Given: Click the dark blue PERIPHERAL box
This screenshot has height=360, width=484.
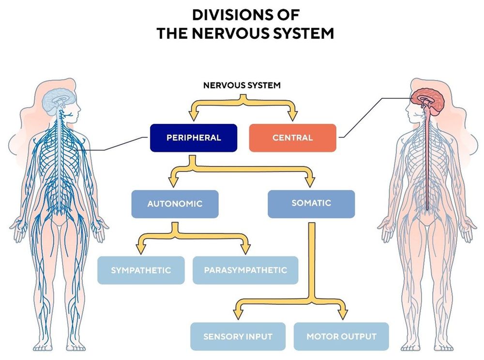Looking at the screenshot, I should point(194,138).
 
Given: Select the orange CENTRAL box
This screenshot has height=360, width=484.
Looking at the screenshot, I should point(292,138).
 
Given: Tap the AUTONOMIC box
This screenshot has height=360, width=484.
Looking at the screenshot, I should point(175,204).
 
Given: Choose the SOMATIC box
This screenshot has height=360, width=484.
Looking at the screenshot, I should point(311,203).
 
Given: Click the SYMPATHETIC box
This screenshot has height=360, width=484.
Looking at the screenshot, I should point(141,270).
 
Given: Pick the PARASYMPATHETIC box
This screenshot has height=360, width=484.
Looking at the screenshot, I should point(245,270).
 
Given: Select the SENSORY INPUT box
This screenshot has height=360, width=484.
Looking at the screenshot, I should point(238,336).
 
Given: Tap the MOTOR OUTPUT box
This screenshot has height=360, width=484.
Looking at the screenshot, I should point(341,336).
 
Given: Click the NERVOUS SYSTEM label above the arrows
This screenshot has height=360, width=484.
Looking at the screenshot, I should point(242,86).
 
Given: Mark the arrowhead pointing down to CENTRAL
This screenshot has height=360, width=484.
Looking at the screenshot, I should point(292,115).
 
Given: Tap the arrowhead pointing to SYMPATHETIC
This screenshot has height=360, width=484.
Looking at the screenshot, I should point(141,249).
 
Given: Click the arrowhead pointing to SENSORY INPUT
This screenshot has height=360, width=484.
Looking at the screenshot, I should point(238,315).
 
